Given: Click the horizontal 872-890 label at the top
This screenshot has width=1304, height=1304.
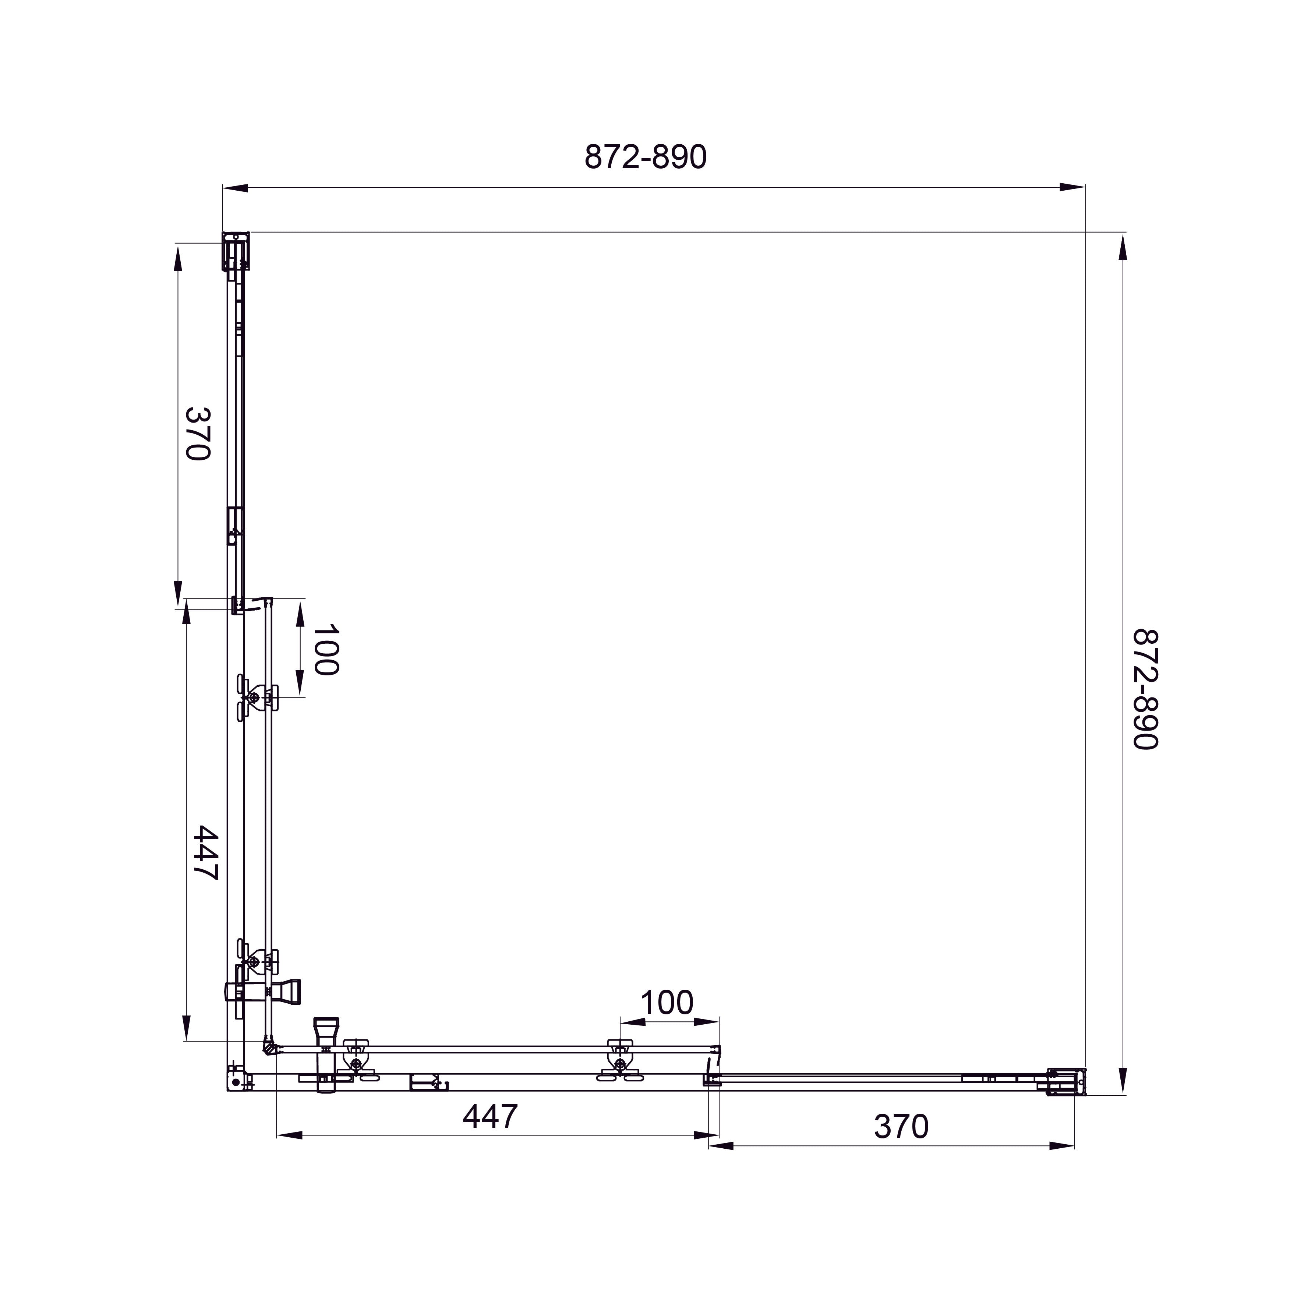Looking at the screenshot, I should (x=645, y=157).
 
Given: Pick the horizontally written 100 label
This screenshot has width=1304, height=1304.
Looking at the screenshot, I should (x=666, y=1003).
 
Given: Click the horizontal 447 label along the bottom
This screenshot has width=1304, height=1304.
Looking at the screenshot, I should (x=490, y=1116).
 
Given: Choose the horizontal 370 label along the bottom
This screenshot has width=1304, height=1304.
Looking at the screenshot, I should (x=901, y=1127).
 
